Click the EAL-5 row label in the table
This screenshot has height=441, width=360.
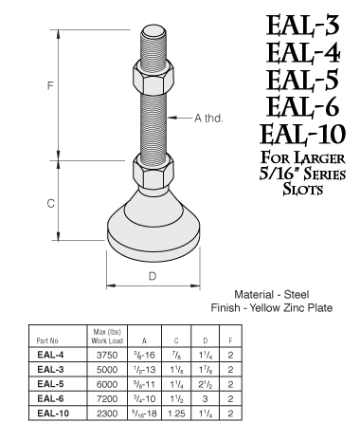point(50,385)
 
